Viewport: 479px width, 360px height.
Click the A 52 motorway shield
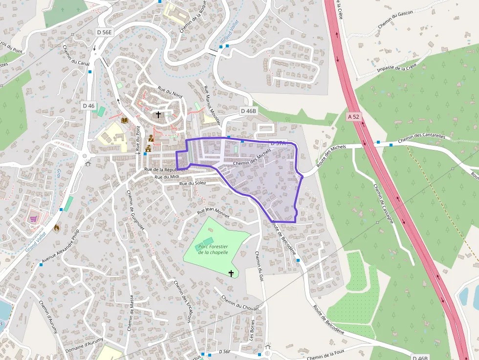(354, 117)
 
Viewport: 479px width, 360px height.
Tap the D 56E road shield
(104, 32)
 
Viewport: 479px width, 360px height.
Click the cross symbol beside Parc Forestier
(231, 274)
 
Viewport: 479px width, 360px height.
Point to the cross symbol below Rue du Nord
(158, 115)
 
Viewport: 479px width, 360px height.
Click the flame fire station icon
(57, 227)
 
